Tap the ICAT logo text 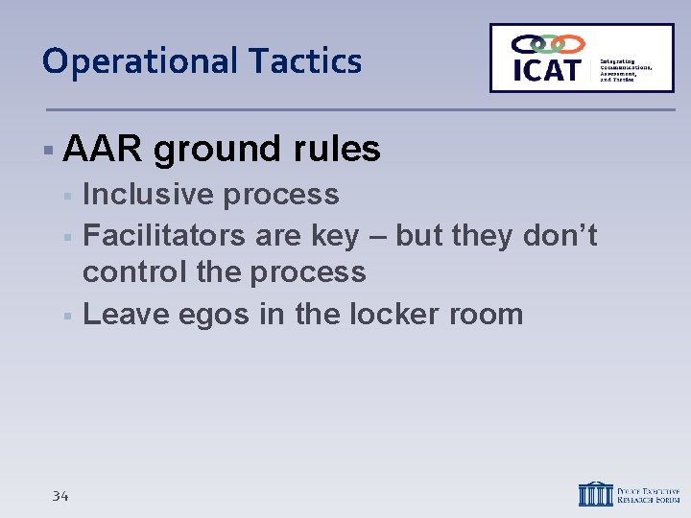(546, 70)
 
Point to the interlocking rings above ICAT (547, 44)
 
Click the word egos (212, 316)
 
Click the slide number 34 (60, 496)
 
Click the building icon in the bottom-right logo (594, 492)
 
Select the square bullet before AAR (47, 151)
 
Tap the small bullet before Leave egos (67, 315)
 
